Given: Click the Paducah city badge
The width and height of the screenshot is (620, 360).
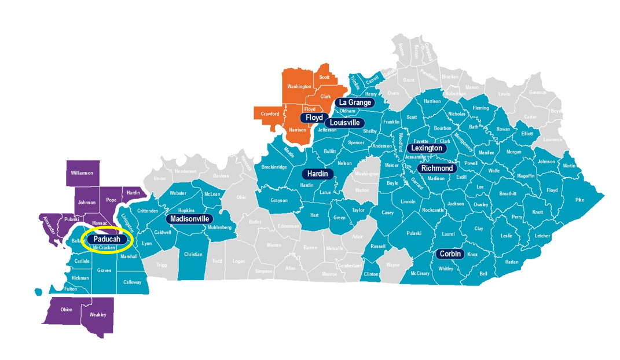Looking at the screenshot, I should [x=107, y=240].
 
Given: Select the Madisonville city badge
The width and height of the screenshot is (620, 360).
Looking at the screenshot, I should [x=190, y=219].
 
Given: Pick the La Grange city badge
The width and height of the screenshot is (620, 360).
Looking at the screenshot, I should [x=355, y=102].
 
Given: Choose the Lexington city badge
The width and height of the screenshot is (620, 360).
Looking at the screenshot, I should [x=427, y=148].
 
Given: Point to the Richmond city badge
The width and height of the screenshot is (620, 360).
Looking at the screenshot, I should [x=437, y=168].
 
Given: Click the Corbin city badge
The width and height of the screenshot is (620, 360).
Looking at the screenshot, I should [x=450, y=254].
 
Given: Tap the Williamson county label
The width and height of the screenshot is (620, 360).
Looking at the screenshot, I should [x=82, y=172].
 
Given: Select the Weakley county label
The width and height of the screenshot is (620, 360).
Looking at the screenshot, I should [x=98, y=315].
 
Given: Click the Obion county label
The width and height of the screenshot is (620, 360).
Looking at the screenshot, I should [x=67, y=309].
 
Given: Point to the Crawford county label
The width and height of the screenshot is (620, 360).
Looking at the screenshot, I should [x=270, y=113].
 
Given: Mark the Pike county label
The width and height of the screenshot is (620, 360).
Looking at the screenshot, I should [x=579, y=200].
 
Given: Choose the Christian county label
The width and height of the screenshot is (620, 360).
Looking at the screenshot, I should [x=193, y=254].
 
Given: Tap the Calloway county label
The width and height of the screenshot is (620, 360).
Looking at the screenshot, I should [x=132, y=282].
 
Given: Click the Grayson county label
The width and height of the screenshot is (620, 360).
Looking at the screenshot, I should [x=279, y=201].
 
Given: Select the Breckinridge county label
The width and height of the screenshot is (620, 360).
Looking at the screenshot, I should [x=274, y=167].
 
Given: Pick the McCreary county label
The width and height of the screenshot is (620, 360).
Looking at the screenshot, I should [x=420, y=273].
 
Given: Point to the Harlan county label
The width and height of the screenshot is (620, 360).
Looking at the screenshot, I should [x=512, y=262].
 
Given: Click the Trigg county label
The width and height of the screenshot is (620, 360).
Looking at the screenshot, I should [x=162, y=265].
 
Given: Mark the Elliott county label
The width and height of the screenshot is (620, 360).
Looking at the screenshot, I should [x=526, y=133].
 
